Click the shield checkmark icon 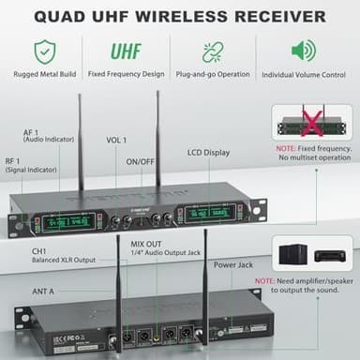click(x=43, y=51)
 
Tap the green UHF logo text click(x=127, y=51)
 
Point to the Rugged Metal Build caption click(x=44, y=73)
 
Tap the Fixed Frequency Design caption click(x=127, y=73)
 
